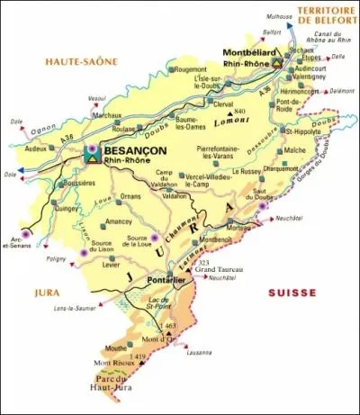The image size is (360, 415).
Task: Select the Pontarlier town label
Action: pos(165,281)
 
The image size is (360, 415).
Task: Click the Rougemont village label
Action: pos(190,68)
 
